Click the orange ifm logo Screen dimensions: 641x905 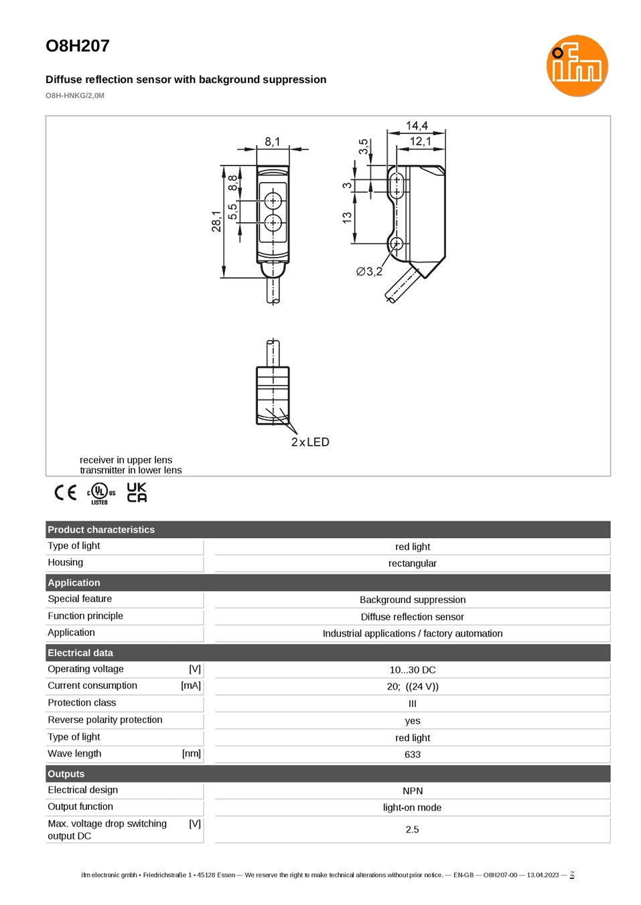pyautogui.click(x=577, y=66)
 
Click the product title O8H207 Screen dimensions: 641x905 pyautogui.click(x=78, y=46)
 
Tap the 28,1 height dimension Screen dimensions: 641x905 pyautogui.click(x=216, y=221)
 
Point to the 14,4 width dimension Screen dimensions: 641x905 pyautogui.click(x=417, y=126)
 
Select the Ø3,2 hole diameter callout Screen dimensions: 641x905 pyautogui.click(x=369, y=272)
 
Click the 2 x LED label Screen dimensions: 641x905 pyautogui.click(x=310, y=442)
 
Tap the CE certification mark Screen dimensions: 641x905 pyautogui.click(x=65, y=493)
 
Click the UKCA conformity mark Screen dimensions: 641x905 pyautogui.click(x=137, y=492)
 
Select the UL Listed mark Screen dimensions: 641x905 pyautogui.click(x=101, y=493)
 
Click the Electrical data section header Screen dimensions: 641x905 pyautogui.click(x=80, y=653)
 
